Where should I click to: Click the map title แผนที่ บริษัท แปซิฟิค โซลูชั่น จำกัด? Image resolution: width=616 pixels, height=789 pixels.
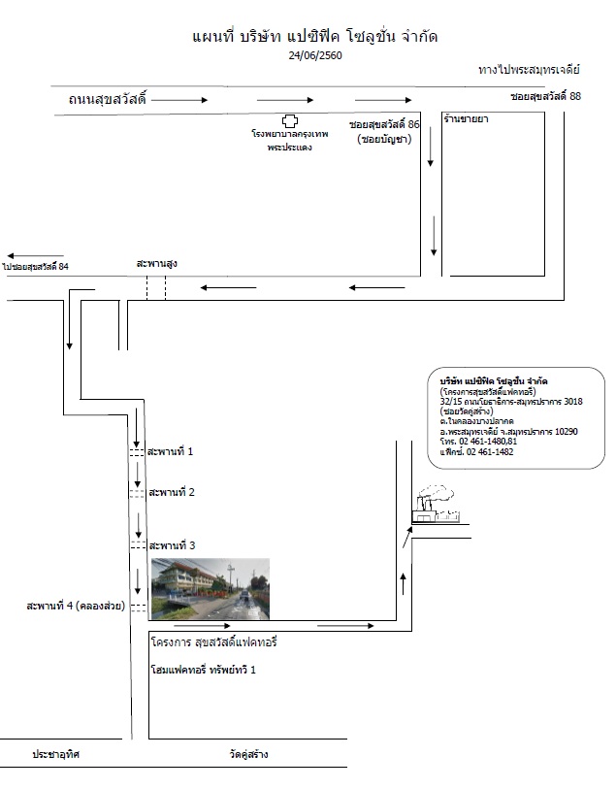point(314,37)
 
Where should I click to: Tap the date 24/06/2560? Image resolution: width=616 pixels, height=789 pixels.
point(315,55)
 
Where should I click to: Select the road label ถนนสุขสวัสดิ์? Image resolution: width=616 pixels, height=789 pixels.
point(107,99)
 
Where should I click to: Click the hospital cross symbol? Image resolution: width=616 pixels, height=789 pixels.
point(290,120)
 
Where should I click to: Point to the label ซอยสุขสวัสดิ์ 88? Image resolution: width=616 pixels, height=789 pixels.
point(545,96)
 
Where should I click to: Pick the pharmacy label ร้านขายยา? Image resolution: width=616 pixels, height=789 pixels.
point(467,119)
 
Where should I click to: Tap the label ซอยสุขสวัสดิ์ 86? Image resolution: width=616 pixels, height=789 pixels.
point(384,124)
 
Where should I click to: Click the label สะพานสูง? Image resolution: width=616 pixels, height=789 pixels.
point(156,263)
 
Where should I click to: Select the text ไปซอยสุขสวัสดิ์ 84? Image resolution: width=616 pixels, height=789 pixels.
point(35,267)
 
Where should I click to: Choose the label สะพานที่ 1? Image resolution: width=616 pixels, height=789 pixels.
point(170,451)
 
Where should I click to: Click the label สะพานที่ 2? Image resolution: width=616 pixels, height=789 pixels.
point(172,492)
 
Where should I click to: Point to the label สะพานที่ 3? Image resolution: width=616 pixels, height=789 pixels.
point(172,545)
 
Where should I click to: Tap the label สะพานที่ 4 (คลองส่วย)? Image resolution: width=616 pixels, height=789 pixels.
point(76,606)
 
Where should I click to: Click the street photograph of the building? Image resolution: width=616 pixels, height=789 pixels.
point(211,589)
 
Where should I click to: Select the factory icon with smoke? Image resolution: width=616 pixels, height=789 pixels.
point(436,504)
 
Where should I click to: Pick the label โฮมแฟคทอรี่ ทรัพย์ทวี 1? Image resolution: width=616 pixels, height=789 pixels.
point(203,670)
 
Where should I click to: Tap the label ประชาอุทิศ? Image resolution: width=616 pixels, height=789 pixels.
point(56,754)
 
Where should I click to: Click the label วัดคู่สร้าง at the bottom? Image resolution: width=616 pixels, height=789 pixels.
point(248,754)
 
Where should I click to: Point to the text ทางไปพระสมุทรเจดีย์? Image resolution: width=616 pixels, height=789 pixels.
point(529,70)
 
